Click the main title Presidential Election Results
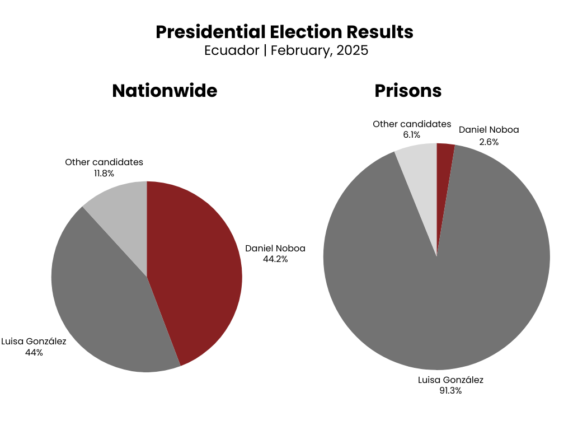click(284, 32)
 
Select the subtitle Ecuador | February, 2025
click(286, 50)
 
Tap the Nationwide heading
click(165, 91)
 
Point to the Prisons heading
click(408, 91)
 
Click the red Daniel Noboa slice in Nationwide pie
click(196, 269)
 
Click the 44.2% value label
click(275, 259)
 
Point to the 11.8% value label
click(104, 174)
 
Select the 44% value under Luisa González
click(34, 353)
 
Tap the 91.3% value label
click(450, 391)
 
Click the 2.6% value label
click(489, 142)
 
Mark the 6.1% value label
click(411, 135)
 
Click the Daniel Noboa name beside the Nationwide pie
click(275, 248)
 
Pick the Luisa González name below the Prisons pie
click(450, 380)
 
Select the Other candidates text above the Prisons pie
click(412, 124)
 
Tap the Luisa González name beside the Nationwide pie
click(34, 341)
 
